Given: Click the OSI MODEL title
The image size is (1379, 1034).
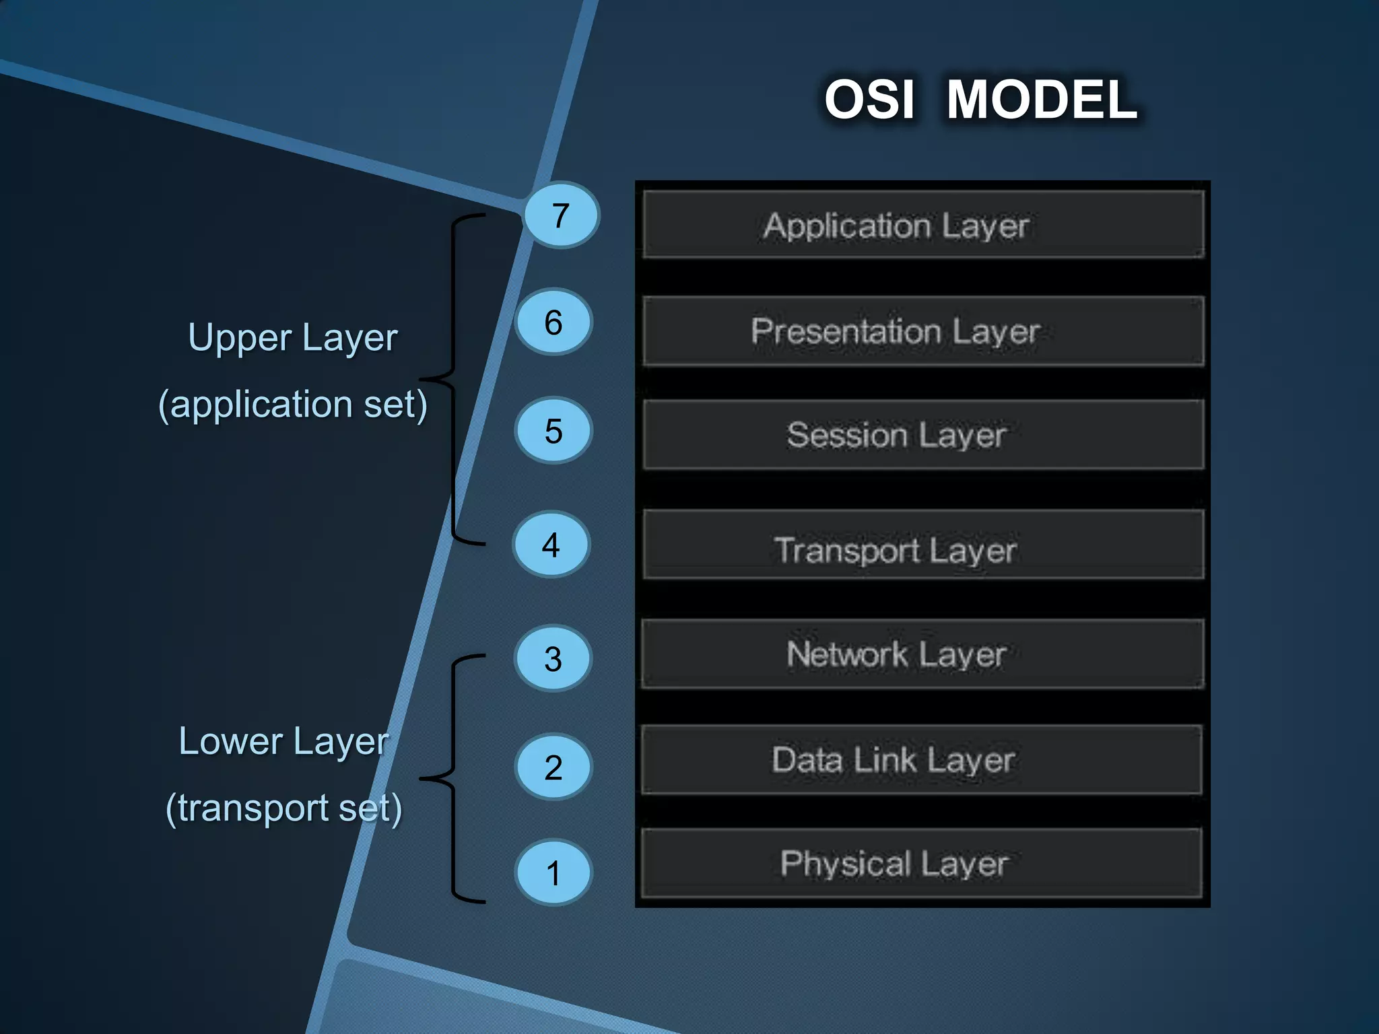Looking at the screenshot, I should click(x=980, y=100).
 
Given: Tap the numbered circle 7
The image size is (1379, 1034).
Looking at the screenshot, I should click(x=561, y=215).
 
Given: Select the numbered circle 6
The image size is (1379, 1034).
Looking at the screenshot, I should click(x=553, y=322).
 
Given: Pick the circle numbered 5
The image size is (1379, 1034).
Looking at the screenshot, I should click(x=553, y=431).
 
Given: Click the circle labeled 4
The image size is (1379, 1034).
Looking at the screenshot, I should click(x=551, y=545).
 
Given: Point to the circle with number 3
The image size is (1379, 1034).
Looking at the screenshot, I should click(x=553, y=659).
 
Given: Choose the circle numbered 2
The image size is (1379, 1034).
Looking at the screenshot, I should click(x=553, y=767).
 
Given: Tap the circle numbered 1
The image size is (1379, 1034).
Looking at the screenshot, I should click(x=553, y=873).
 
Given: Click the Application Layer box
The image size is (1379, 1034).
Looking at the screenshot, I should click(x=922, y=225).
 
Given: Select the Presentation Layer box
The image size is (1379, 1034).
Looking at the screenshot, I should click(x=922, y=331).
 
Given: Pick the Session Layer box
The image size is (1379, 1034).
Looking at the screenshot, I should click(x=922, y=435).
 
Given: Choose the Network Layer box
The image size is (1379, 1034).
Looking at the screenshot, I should click(x=922, y=654).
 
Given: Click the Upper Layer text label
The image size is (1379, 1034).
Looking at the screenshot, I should click(x=293, y=338).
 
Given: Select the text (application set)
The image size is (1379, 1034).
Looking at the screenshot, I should click(x=293, y=405).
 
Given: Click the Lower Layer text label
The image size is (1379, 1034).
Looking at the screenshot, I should click(x=283, y=742).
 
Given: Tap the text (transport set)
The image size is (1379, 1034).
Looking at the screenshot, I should click(x=283, y=808).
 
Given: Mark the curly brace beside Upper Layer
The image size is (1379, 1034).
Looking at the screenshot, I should click(x=453, y=379).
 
